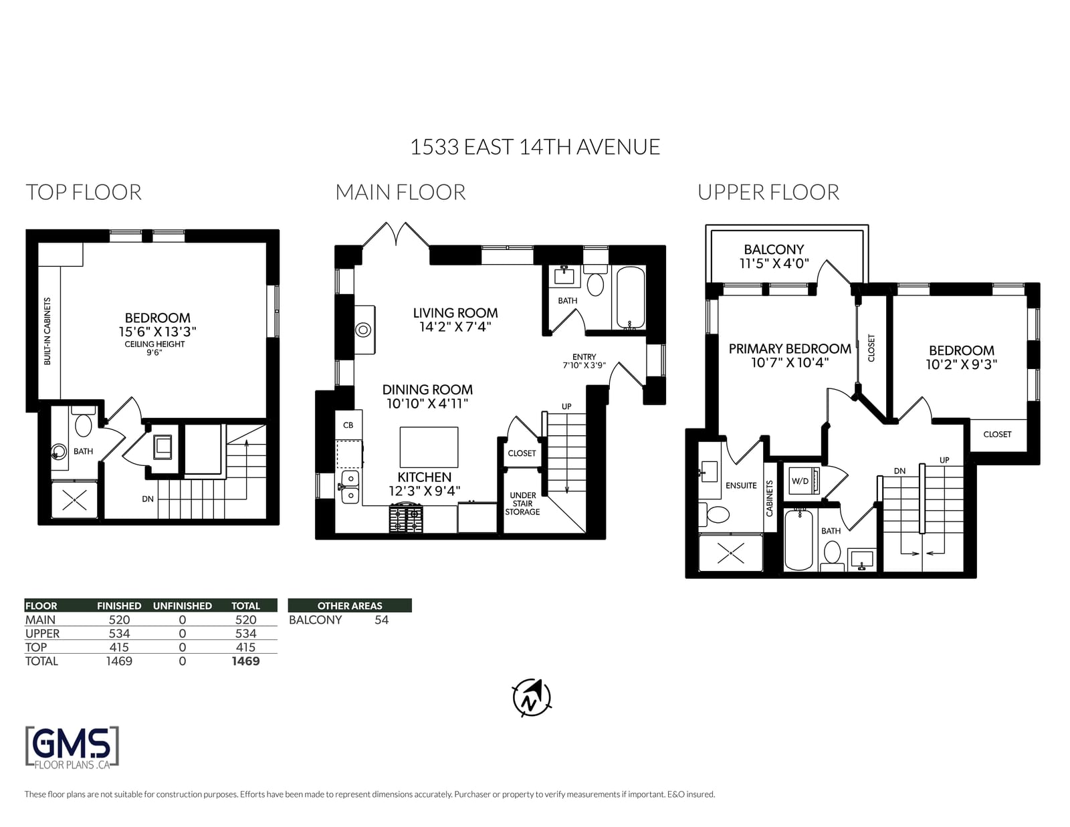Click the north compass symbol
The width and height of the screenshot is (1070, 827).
tap(532, 697)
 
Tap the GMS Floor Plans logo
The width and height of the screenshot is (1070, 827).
tap(72, 747)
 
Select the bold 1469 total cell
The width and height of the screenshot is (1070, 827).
tap(245, 661)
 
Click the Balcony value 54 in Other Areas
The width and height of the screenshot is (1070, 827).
tap(381, 620)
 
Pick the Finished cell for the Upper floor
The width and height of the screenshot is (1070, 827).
tap(119, 634)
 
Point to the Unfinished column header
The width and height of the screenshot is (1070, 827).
tap(182, 606)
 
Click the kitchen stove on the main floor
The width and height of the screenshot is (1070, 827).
tap(406, 518)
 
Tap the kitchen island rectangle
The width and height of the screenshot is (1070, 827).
tap(429, 447)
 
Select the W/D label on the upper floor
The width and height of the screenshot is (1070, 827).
tap(800, 481)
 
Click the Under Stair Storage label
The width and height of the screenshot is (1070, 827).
tap(522, 503)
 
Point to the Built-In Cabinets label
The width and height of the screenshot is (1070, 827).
tap(47, 332)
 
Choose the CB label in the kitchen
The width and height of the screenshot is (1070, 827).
tap(348, 425)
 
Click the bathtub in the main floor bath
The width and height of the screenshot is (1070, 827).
tap(630, 298)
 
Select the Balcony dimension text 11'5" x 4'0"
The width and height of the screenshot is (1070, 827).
tap(774, 264)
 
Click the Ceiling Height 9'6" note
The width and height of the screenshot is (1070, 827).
tap(154, 348)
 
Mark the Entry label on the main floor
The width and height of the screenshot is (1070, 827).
tap(584, 356)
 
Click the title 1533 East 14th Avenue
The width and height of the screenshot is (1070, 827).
tap(535, 146)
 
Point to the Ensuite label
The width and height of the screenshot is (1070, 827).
tap(741, 485)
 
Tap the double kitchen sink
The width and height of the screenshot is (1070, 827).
tap(350, 487)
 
